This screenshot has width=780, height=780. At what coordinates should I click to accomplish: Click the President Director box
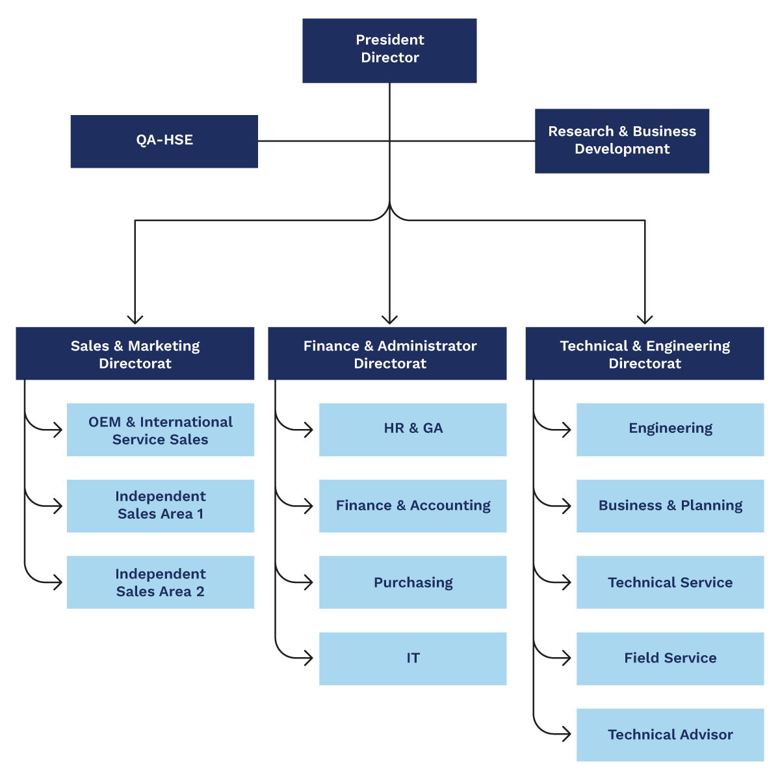pos(389,50)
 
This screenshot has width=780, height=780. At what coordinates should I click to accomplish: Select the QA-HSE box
pos(164,141)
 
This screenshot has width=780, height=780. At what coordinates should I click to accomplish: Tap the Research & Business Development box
pos(621,140)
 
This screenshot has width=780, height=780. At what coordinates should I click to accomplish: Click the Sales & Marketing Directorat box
pos(135,354)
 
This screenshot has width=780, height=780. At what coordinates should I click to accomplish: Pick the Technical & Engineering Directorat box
pos(644,354)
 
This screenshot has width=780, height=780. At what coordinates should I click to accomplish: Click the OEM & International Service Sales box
pos(161,429)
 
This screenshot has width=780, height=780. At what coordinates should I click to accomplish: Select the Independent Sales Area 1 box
pos(161,506)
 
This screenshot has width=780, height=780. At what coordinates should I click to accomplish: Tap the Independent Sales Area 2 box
pos(161,582)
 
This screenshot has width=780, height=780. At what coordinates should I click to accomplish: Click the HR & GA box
pos(413,429)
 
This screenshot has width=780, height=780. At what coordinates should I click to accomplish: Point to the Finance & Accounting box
pos(413,506)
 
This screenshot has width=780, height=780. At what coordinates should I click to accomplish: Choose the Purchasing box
pos(413,582)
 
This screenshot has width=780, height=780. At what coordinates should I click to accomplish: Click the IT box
pos(413,658)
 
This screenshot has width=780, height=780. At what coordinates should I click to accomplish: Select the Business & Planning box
pos(670,506)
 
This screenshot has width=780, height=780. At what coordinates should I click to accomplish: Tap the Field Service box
pos(670,658)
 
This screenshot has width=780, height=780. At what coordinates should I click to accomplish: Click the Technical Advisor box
pos(670,734)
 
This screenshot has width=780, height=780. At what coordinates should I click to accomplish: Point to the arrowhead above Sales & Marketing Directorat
pos(135,319)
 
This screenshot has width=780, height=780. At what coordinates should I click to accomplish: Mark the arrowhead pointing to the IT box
pos(310,658)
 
